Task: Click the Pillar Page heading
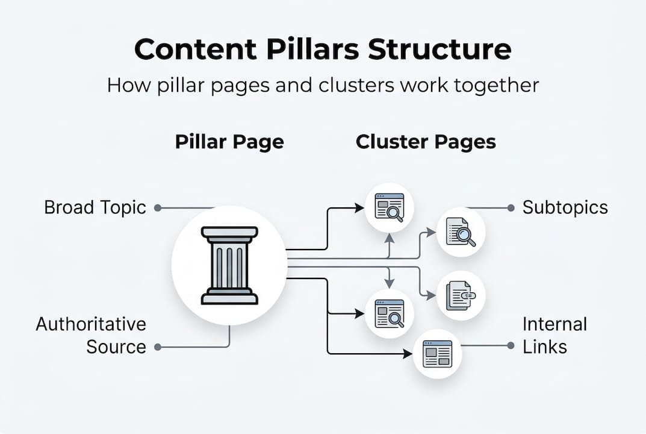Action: point(229,142)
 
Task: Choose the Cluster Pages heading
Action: point(426,142)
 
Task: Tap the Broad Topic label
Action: point(95,208)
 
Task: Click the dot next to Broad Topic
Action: point(158,208)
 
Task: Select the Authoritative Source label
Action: point(90,335)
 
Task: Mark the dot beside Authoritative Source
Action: point(158,347)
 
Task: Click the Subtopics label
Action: point(565,208)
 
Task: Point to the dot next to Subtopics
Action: point(511,208)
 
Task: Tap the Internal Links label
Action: point(554,335)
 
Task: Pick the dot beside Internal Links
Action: point(511,346)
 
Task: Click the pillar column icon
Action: point(229,265)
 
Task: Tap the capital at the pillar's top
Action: point(229,233)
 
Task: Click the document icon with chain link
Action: point(461,295)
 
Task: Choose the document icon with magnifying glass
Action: point(461,233)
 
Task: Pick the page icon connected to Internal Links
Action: point(437,354)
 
